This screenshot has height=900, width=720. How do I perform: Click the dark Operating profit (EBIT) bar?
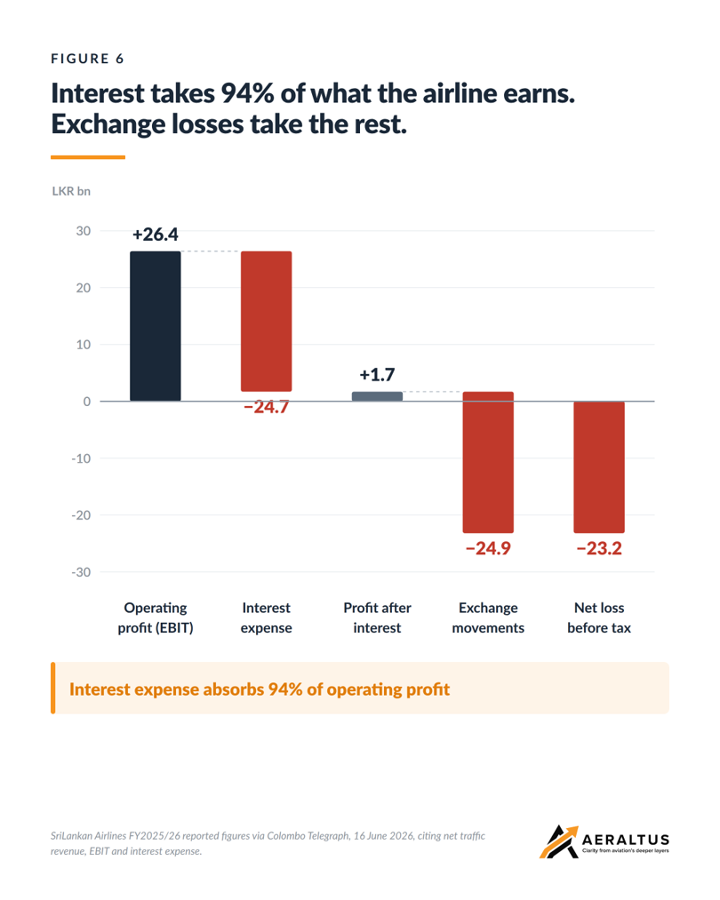(155, 326)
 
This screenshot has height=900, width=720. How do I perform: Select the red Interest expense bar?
(267, 322)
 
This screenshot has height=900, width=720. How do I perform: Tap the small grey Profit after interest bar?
(377, 396)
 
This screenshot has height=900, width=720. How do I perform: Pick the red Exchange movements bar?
(488, 462)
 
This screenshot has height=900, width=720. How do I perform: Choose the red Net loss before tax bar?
(599, 467)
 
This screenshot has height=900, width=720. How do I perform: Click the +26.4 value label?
(155, 235)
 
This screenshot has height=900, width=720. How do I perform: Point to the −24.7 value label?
(267, 407)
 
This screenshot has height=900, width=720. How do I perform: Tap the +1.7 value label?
(377, 375)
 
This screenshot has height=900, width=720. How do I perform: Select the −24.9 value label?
(488, 548)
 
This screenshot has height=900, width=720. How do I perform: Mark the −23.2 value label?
(599, 548)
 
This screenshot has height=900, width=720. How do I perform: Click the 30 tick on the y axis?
(84, 231)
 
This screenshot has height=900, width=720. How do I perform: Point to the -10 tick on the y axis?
(81, 458)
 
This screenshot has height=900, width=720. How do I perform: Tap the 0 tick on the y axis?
(87, 402)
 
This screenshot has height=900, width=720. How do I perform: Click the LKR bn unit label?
(71, 191)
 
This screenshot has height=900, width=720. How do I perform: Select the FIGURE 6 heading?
(87, 59)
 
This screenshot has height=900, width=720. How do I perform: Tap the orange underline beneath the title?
(88, 156)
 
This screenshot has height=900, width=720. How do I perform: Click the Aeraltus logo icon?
(558, 842)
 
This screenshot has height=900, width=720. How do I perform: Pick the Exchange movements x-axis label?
(488, 617)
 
